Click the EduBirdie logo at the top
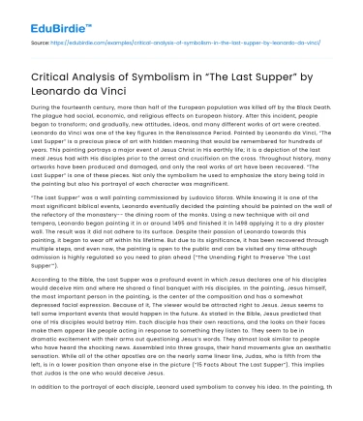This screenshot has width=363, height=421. [45, 20]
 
